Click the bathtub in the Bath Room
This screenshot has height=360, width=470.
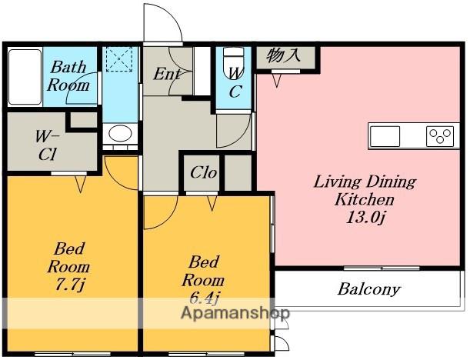(x=25, y=77)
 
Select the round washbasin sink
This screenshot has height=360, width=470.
(x=120, y=133)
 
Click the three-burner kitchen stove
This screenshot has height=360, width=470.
(x=440, y=136)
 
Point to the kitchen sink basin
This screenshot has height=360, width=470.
(x=385, y=136)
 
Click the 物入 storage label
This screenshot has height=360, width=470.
(x=283, y=55)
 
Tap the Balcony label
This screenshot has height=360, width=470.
(x=369, y=289)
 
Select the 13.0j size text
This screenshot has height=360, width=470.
(x=365, y=218)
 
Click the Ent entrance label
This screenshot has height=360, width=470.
(x=167, y=75)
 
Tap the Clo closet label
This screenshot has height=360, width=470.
(x=204, y=172)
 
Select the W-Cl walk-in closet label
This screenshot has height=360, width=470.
(x=47, y=145)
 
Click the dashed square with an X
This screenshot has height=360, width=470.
(x=119, y=58)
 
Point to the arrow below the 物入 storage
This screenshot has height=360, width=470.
(x=277, y=80)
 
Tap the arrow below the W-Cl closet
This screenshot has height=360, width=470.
(x=80, y=183)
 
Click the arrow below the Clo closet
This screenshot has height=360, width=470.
(x=212, y=203)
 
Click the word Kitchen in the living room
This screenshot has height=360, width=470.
(x=364, y=200)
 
